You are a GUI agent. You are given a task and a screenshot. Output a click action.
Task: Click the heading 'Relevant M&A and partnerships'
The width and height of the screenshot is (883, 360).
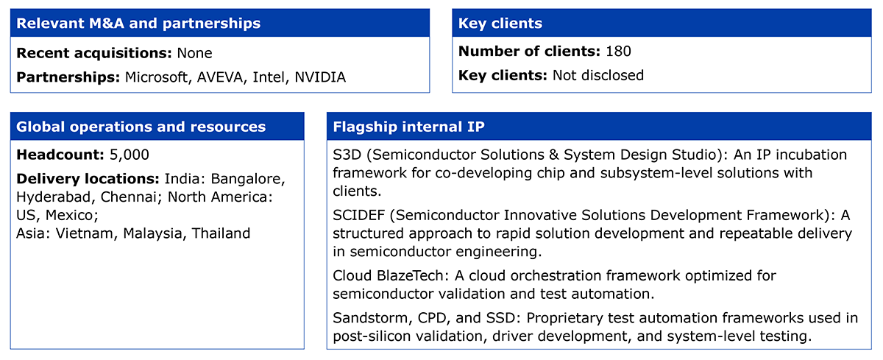click(x=138, y=24)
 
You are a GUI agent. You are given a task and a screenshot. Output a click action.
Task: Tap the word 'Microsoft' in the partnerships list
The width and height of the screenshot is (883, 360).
click(x=156, y=77)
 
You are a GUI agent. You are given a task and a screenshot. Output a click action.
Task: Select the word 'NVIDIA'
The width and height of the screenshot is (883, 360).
click(x=320, y=77)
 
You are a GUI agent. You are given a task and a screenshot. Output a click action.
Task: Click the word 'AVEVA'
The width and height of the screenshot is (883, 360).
click(x=220, y=77)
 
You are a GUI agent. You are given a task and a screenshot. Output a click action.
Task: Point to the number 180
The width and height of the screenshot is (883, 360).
click(x=618, y=52)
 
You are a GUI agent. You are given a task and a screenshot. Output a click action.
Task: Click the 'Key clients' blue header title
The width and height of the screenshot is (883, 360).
click(x=500, y=24)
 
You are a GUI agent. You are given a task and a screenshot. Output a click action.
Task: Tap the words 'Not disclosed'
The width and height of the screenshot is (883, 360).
click(x=598, y=75)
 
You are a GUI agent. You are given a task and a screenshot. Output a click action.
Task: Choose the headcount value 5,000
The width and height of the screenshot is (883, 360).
click(x=130, y=155)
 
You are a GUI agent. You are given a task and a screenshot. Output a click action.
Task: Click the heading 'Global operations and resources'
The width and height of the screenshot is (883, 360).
click(x=141, y=127)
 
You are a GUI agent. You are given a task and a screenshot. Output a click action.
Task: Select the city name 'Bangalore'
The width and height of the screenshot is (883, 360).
click(x=247, y=179)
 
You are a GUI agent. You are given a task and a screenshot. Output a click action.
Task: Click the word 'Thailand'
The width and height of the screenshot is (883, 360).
click(x=221, y=233)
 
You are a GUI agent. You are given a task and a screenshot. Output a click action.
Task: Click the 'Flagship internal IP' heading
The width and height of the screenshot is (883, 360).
click(x=409, y=127)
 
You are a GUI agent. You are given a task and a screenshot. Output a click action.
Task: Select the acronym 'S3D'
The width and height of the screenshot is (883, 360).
click(x=347, y=155)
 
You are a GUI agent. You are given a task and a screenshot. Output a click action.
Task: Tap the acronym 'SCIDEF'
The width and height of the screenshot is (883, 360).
click(x=359, y=215)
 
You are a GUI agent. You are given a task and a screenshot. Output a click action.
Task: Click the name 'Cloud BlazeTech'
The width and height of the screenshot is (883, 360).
click(x=390, y=275)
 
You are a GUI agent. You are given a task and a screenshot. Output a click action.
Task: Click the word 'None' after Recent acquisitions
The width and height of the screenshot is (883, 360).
click(x=194, y=53)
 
